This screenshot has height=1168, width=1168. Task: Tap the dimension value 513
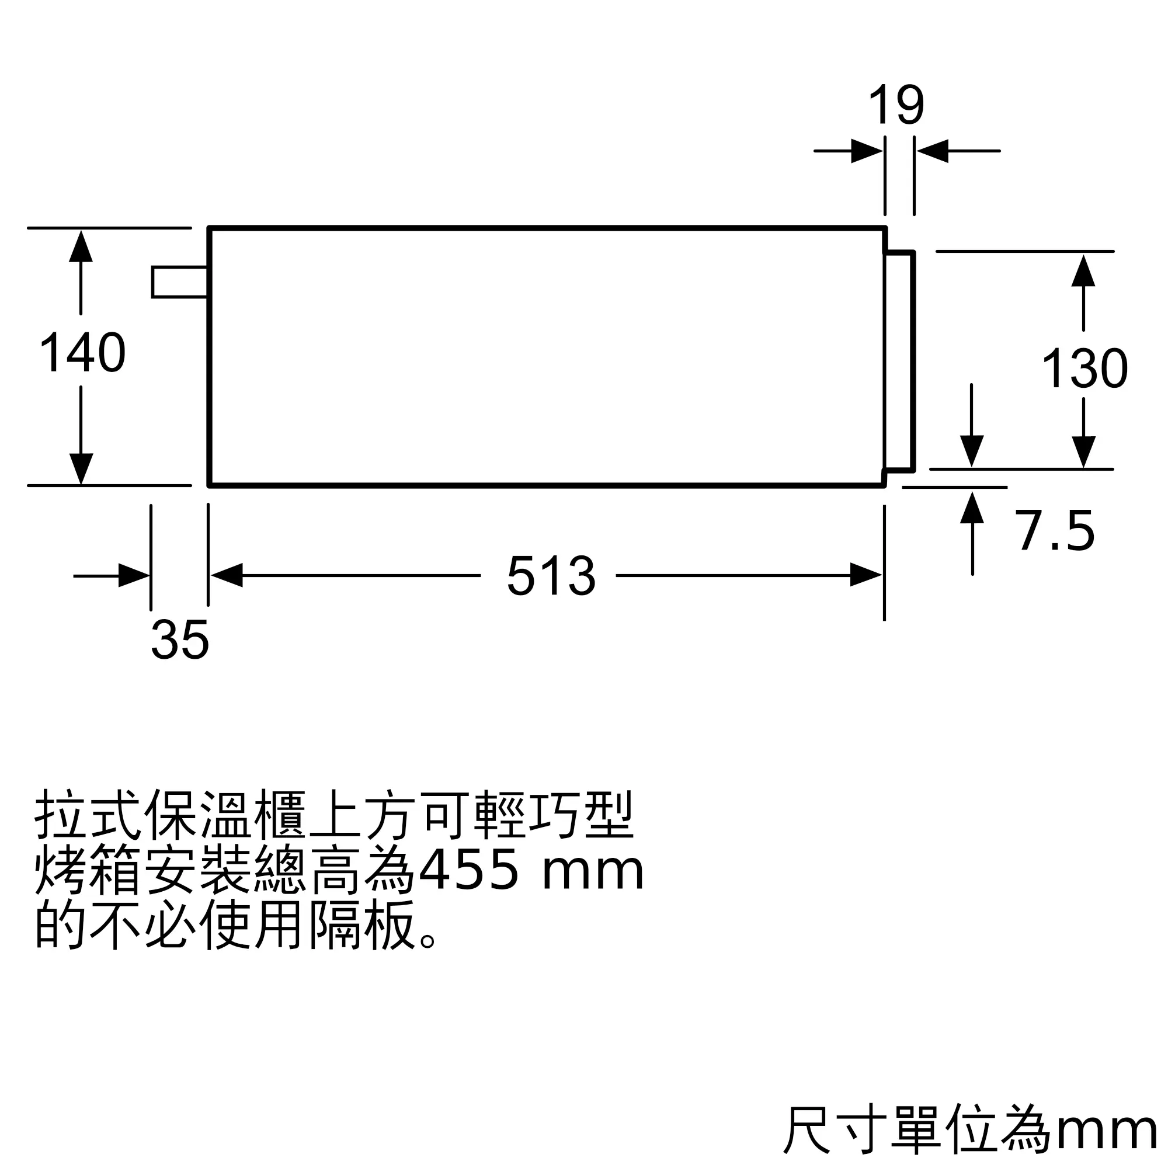(x=551, y=576)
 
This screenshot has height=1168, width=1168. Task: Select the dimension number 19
(x=896, y=106)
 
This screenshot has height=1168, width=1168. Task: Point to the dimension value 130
(x=1084, y=368)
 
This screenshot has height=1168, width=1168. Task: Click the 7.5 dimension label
(x=1055, y=531)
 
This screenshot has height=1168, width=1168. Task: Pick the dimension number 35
(x=179, y=640)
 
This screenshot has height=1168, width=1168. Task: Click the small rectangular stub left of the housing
(x=179, y=281)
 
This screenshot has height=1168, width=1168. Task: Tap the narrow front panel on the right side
(x=899, y=360)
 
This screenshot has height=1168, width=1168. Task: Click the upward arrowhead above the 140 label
(x=81, y=246)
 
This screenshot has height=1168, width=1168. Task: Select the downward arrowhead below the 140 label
(x=81, y=468)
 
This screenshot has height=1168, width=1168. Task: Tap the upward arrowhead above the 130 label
(x=1083, y=271)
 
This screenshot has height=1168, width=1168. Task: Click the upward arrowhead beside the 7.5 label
(x=972, y=509)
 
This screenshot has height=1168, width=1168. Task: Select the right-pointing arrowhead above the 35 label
(x=133, y=576)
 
